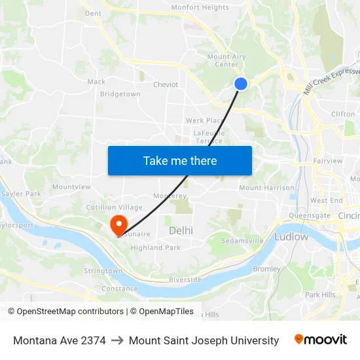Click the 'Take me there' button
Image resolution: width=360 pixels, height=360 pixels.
(180, 160)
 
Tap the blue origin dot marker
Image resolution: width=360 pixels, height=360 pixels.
(241, 83)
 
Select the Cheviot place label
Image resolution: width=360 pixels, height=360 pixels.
(166, 84)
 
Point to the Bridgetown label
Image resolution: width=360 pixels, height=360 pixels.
(120, 94)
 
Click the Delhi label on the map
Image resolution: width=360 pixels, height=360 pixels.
(181, 230)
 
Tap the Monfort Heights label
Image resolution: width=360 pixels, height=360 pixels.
(200, 8)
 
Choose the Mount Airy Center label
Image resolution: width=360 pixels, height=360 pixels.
(226, 60)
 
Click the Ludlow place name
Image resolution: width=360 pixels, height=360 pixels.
(291, 236)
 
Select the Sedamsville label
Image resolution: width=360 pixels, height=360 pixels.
(242, 241)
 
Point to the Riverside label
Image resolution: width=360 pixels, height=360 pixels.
(185, 279)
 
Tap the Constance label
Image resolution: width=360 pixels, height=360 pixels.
(120, 289)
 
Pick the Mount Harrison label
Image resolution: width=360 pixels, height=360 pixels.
(266, 188)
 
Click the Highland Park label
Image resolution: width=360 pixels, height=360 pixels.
(155, 248)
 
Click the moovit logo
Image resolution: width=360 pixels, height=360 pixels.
(320, 340)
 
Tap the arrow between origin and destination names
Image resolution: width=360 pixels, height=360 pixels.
(117, 340)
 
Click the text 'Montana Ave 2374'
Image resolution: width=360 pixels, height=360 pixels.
(59, 340)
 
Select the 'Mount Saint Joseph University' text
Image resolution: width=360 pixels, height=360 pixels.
(204, 340)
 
